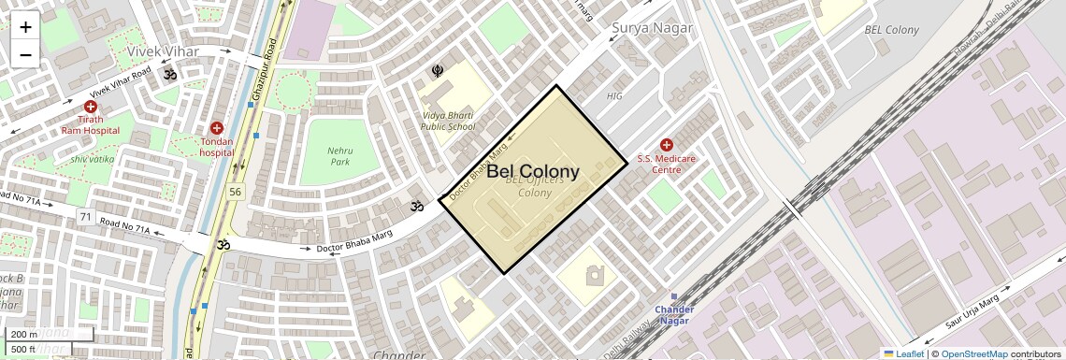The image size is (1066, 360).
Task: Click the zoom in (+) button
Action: [x=25, y=26]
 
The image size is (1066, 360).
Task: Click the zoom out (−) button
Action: [x=25, y=54]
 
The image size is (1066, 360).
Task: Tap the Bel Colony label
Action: [x=533, y=172]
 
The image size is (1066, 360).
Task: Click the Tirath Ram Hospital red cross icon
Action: [x=91, y=108]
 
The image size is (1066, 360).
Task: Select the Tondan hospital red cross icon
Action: [x=217, y=128]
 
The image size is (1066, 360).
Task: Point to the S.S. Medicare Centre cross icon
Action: [x=667, y=145]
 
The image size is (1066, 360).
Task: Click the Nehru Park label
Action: [x=339, y=155]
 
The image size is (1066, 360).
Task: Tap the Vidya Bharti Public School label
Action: [x=447, y=121]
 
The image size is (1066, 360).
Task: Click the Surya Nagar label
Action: [x=652, y=28]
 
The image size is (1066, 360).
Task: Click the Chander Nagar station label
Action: [x=673, y=315]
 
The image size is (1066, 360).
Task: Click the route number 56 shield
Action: [x=235, y=192]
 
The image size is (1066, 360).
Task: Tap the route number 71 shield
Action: [x=85, y=217]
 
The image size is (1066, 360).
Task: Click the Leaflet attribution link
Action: [x=903, y=353]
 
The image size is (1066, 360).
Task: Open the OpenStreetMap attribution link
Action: [x=974, y=353]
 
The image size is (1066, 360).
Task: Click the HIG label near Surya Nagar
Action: [x=614, y=95]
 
